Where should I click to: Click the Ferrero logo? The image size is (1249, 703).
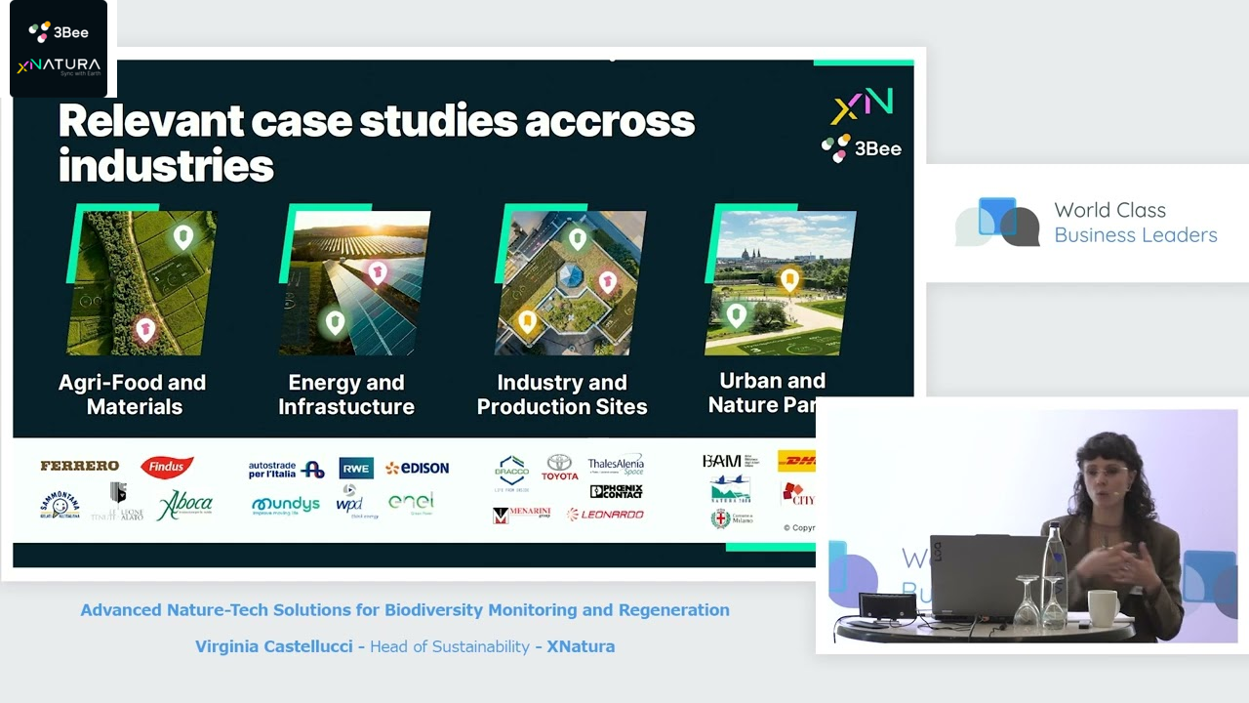coord(79,466)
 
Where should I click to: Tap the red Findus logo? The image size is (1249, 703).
coord(167,467)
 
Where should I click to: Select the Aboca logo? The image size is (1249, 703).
coord(184,504)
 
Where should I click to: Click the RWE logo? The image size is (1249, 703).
coord(356,468)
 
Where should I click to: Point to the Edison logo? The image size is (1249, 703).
coord(417,468)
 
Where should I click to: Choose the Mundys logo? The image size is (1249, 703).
coord(286,504)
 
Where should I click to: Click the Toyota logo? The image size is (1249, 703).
coord(559,467)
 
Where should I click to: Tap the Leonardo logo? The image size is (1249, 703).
coord(605,515)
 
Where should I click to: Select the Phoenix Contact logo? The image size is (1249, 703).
coord(616,491)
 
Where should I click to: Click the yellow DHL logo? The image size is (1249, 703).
coord(796,461)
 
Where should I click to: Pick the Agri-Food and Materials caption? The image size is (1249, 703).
coord(133,394)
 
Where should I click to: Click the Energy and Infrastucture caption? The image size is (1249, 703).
coord(346,394)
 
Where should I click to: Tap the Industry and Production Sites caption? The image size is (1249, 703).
coord(562,394)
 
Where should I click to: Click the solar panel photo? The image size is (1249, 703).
coord(357,283)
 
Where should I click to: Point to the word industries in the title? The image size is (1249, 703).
coord(166,166)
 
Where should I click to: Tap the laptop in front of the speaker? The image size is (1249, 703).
coord(986,576)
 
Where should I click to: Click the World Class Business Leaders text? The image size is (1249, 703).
coord(1135,223)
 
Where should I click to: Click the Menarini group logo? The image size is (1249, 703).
coord(522,514)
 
